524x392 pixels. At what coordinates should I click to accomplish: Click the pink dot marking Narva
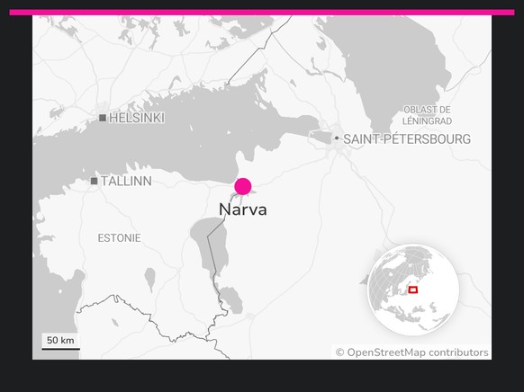coord(242,187)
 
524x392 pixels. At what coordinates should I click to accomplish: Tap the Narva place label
coord(242,209)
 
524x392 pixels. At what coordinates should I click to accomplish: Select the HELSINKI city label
coord(137,118)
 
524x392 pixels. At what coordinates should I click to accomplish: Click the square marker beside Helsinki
coord(103,118)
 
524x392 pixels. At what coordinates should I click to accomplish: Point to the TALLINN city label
coord(126,182)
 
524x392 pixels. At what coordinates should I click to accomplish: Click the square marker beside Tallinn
coord(94,182)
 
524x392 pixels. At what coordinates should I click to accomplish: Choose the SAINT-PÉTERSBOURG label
coord(407,139)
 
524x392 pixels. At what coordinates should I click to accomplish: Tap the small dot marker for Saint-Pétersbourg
coord(337,138)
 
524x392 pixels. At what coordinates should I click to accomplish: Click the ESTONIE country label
coord(119,238)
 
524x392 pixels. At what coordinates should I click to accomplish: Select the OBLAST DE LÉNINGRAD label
coord(428,115)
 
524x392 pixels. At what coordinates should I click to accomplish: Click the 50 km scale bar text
coord(60,340)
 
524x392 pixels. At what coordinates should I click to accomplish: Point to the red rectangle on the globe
coord(413,290)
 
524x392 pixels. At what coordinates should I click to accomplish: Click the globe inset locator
coord(413,290)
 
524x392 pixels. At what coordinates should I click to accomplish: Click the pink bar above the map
coord(261,13)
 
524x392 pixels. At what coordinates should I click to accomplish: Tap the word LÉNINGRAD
coord(428,120)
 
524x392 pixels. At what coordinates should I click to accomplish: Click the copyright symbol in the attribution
coord(340,352)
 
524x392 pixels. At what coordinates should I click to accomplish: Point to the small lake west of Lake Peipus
coord(149,280)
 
